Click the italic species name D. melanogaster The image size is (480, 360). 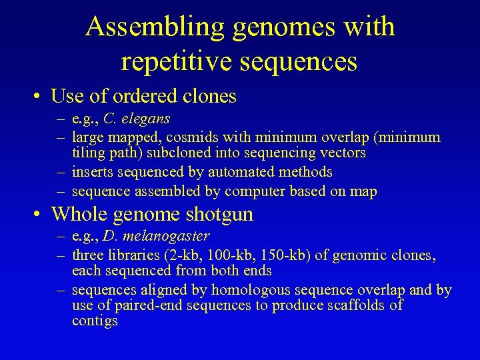(156, 236)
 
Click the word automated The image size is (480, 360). (238, 172)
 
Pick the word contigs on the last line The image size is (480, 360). (95, 321)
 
